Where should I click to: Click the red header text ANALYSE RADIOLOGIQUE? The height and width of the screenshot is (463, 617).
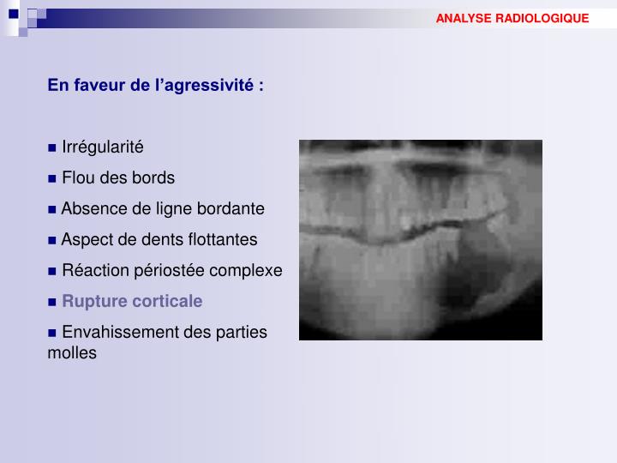point(512,18)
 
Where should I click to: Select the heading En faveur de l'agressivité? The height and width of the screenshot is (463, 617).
point(155,85)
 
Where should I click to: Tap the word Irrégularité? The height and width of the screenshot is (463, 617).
point(103,147)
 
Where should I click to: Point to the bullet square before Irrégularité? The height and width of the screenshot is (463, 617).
point(52,147)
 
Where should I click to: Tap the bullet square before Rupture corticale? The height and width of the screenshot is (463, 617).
point(52,302)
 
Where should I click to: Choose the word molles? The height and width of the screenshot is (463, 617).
point(72,352)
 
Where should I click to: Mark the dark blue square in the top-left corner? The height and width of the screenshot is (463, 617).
point(13,13)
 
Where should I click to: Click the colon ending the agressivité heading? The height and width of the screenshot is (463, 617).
point(261,86)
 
